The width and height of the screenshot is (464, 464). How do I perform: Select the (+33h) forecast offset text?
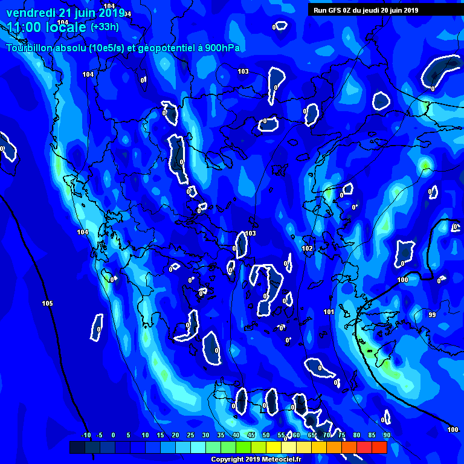(105, 27)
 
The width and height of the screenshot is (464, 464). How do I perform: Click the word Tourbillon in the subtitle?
(30, 48)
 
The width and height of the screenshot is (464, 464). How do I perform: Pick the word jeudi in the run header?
(374, 10)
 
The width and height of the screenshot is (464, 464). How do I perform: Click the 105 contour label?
(48, 303)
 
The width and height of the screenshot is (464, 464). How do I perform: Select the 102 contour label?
(307, 248)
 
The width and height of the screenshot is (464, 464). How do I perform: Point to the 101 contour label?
(329, 312)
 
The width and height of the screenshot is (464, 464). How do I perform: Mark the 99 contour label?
(432, 315)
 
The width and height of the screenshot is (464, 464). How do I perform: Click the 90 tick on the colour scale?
(387, 435)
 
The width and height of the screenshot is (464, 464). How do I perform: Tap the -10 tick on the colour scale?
(86, 435)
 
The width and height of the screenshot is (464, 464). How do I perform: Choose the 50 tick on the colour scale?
(266, 435)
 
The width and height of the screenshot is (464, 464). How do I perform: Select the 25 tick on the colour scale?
(190, 435)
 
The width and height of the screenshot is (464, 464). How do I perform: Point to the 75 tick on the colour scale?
(341, 435)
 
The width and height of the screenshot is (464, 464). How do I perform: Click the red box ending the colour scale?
(379, 447)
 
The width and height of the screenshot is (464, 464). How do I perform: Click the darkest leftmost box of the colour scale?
(77, 447)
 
